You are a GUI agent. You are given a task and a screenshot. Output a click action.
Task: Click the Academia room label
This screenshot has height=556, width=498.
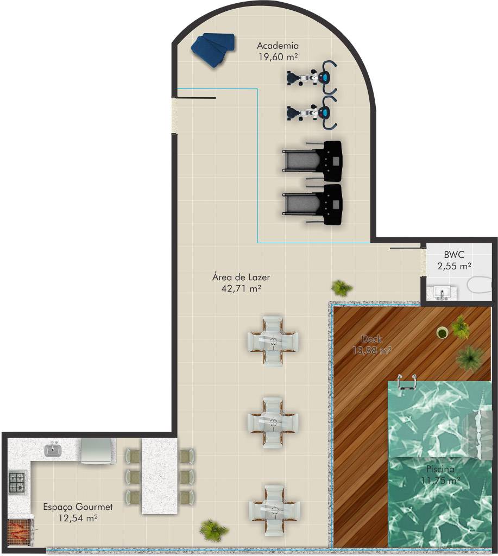pos(278,46)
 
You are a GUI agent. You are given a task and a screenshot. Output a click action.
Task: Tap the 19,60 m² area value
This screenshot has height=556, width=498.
pos(278,56)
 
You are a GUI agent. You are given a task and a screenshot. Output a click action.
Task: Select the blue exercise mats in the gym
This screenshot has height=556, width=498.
pos(213,49)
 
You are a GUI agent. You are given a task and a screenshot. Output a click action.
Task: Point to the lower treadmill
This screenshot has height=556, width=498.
pos(312,204)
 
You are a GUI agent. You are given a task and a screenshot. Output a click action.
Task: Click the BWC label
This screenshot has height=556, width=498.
pos(454,255)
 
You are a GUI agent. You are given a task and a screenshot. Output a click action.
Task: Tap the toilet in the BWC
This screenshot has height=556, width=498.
pos(480,285)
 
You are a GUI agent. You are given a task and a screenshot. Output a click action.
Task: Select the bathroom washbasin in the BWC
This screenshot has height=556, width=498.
pos(442,293)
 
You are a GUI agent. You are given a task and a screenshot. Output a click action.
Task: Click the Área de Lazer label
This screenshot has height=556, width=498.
pos(241,277)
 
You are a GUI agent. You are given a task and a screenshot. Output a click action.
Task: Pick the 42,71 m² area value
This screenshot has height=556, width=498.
pos(241,288)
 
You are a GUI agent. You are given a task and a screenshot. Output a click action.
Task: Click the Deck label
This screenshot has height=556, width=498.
pos(371,339)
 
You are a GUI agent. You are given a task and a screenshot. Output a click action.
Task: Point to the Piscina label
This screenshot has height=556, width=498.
pos(440,469)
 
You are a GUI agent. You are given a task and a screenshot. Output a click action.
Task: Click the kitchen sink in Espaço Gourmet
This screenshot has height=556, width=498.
pos(53,450)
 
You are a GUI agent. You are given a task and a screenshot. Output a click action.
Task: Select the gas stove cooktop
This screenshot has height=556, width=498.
pos(17,482)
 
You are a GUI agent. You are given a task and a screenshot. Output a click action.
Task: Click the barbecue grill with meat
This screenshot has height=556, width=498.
pos(21,532)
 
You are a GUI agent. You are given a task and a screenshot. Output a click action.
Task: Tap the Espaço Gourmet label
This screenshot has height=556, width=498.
pos(78,507)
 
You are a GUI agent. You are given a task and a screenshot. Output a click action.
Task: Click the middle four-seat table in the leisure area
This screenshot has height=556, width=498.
pos(273,422)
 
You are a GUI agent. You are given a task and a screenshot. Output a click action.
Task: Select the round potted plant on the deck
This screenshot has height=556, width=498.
pos(442,333)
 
